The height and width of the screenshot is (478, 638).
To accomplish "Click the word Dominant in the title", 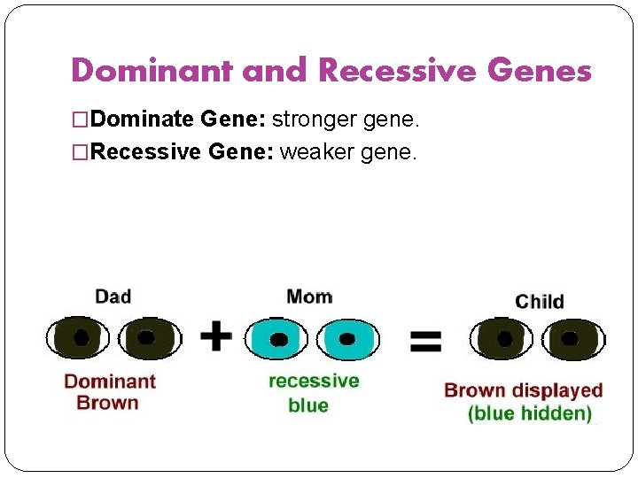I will (x=152, y=69).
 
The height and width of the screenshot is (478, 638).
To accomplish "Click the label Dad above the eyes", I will (x=113, y=296).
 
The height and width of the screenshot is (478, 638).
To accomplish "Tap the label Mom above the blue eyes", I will (x=309, y=296).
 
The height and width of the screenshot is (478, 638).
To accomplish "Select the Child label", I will (x=539, y=302).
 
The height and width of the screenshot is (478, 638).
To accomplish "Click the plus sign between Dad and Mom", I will (x=215, y=336).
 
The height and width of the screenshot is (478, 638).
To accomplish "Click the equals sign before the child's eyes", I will (x=425, y=340).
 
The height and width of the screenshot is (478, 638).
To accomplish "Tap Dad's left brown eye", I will (x=79, y=337).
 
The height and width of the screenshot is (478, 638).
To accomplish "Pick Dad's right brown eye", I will (x=146, y=337).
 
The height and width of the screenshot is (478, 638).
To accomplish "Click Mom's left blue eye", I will (x=278, y=338).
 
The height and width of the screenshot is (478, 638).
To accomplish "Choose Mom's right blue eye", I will (x=346, y=338).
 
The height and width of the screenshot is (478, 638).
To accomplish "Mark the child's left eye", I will (x=503, y=338).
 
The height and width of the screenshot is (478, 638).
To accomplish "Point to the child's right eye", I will (x=572, y=338).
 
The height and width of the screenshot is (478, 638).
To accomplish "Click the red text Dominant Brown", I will (x=109, y=392).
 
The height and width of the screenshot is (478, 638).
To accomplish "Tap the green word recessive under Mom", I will (x=314, y=381).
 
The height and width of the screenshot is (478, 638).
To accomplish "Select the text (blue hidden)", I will (x=530, y=413).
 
